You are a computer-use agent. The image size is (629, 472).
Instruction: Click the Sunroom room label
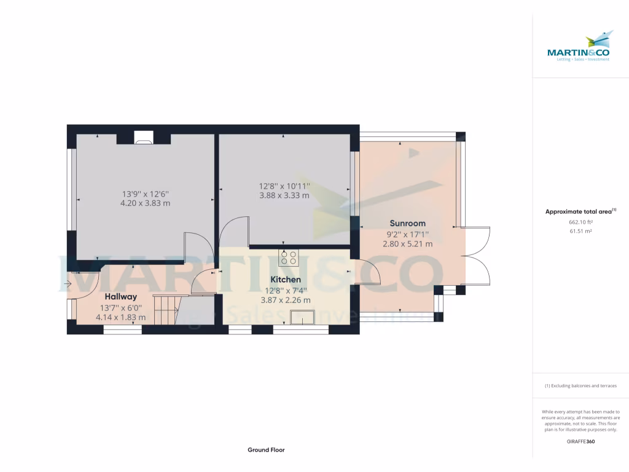pyautogui.click(x=407, y=223)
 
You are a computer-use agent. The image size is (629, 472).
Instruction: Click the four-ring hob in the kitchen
pyautogui.click(x=289, y=257)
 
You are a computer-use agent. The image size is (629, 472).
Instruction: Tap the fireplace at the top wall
pyautogui.click(x=143, y=139)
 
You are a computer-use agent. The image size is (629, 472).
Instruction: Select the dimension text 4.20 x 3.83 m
pyautogui.click(x=145, y=203)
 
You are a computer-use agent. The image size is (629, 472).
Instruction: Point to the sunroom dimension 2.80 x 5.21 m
pyautogui.click(x=407, y=243)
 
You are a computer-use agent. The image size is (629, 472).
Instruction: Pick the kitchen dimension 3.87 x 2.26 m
pyautogui.click(x=287, y=300)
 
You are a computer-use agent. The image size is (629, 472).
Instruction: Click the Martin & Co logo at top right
pyautogui.click(x=580, y=47)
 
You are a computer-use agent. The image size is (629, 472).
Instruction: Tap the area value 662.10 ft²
pyautogui.click(x=580, y=222)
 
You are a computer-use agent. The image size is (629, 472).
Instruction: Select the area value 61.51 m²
pyautogui.click(x=580, y=231)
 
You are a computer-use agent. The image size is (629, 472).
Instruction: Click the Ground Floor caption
pyautogui.click(x=266, y=450)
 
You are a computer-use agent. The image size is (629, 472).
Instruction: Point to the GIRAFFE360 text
pyautogui.click(x=580, y=441)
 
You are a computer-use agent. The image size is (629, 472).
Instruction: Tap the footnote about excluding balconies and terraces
pyautogui.click(x=580, y=386)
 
